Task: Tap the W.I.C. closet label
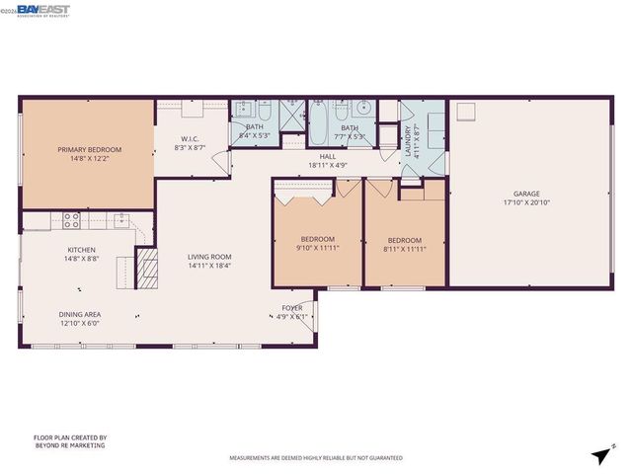click(x=191, y=138)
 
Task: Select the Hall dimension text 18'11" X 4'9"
click(x=328, y=166)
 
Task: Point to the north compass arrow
click(x=599, y=454)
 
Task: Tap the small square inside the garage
click(x=466, y=112)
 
